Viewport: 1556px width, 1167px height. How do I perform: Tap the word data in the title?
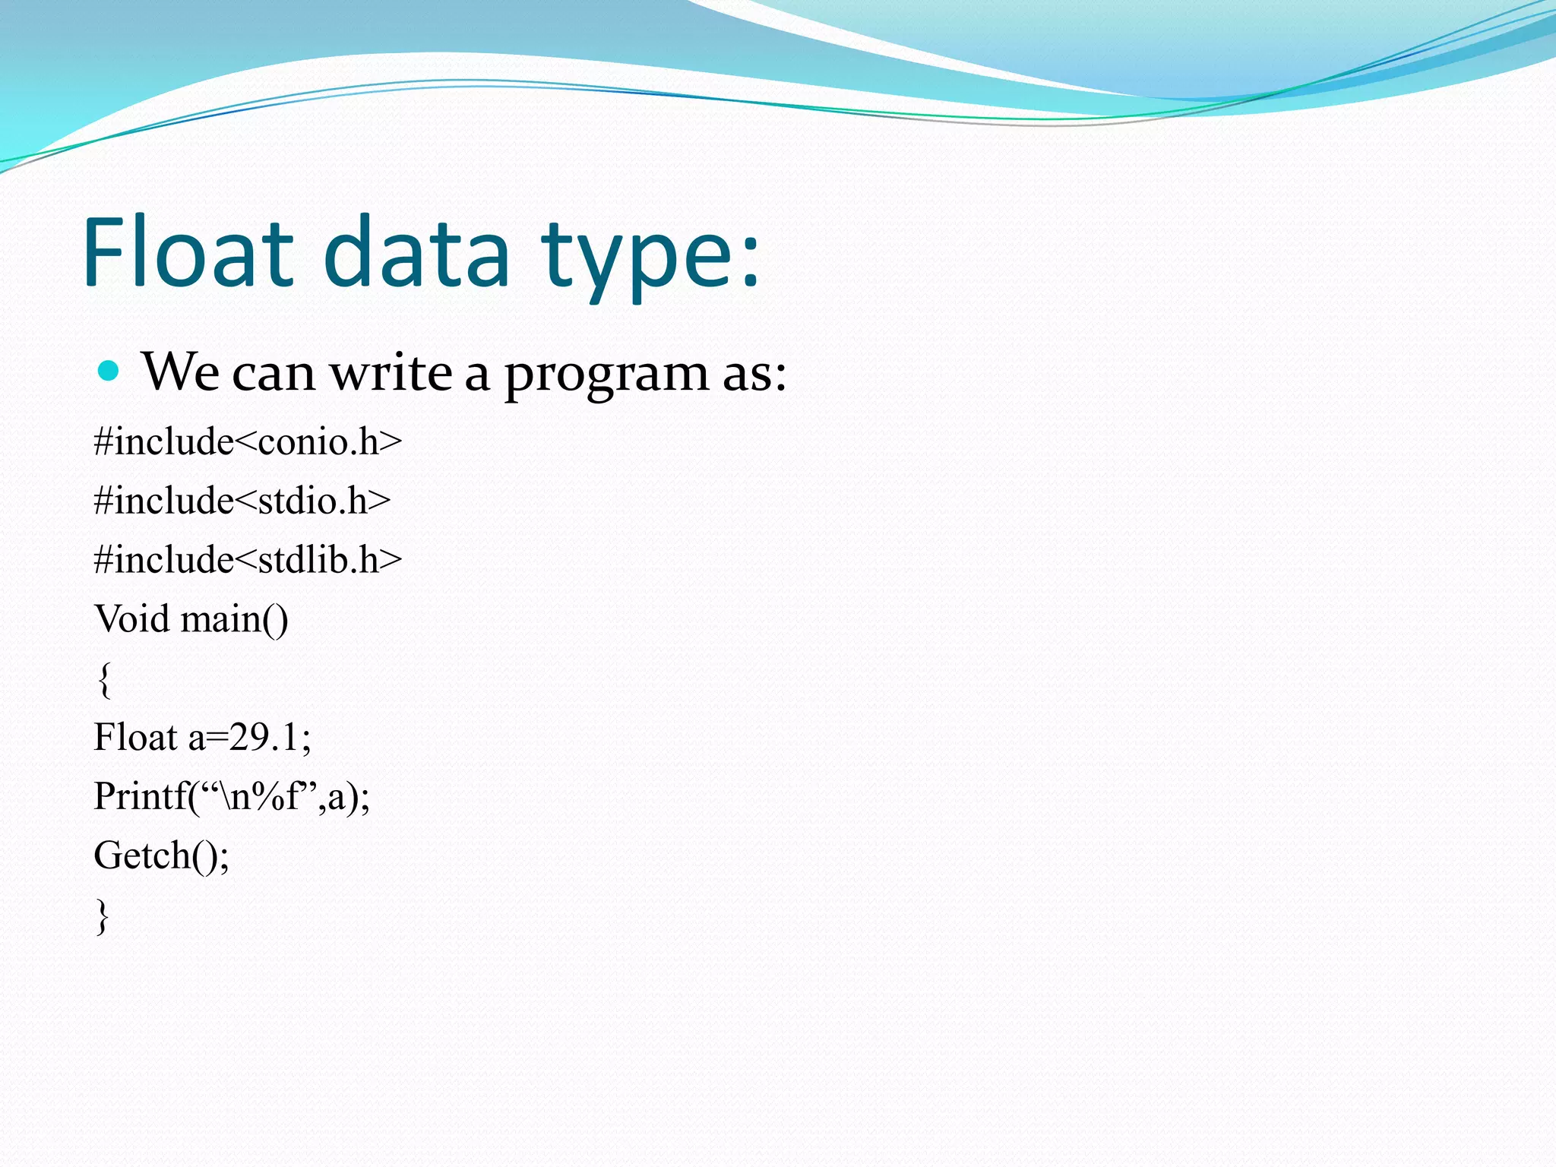(416, 252)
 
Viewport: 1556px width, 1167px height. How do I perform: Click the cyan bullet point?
(109, 371)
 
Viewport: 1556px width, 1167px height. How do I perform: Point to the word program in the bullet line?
(606, 375)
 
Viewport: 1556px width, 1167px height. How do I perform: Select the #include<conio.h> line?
(248, 441)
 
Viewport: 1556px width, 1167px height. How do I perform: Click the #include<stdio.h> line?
(242, 501)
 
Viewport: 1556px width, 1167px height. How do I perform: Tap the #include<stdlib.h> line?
(248, 560)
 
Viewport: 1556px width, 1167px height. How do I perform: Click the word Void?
(131, 618)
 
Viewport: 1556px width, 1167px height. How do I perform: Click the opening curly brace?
(104, 679)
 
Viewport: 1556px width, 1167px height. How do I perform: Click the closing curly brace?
(103, 916)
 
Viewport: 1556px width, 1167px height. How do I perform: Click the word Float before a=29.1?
(134, 737)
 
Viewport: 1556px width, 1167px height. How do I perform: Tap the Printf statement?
(231, 797)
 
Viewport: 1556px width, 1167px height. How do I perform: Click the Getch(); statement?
(161, 856)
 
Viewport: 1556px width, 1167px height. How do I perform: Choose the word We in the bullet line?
(180, 372)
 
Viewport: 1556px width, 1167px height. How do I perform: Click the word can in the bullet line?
(274, 374)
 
